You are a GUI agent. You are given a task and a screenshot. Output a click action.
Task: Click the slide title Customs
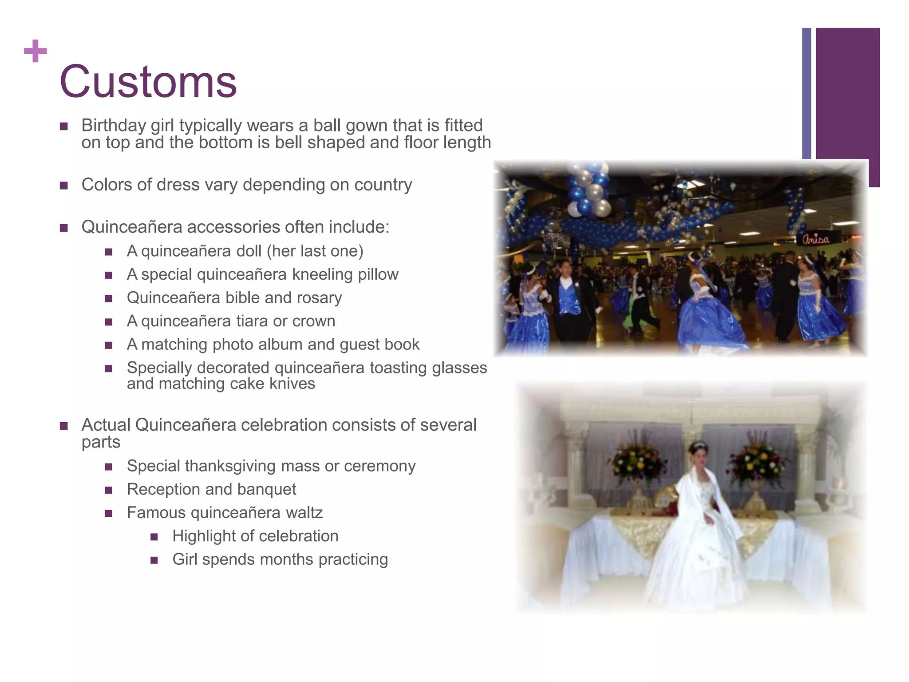coord(148,82)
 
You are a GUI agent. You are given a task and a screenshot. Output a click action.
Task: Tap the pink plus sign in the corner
coord(36,51)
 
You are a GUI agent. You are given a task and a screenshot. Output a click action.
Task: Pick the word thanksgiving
coord(230,466)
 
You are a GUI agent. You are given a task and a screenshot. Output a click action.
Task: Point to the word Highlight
coord(204,536)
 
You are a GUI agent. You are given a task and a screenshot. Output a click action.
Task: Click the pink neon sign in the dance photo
coord(815,240)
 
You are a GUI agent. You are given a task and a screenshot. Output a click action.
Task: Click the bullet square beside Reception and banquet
coord(109,490)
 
